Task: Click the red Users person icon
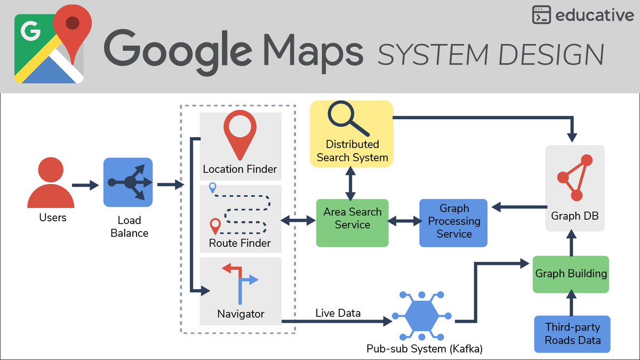point(51,184)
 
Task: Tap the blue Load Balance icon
point(128,182)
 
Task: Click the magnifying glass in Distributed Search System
point(347,118)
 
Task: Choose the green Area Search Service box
point(352,223)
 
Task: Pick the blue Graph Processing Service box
point(453,223)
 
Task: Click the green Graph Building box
point(571,274)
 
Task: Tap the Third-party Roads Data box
point(572,334)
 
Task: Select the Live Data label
point(338,313)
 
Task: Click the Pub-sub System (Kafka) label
point(424,349)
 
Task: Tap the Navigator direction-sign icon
point(240,283)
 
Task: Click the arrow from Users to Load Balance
point(85,185)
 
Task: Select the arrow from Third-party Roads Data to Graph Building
point(571,305)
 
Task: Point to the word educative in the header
point(594,15)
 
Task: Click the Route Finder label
point(240,244)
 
